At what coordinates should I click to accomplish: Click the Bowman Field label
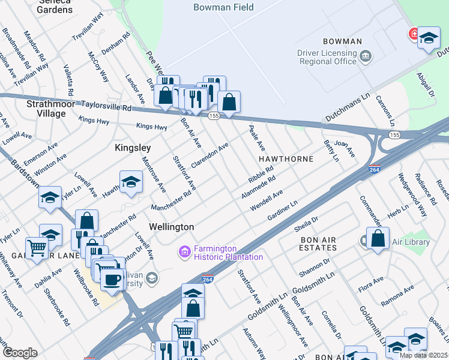click(x=223, y=8)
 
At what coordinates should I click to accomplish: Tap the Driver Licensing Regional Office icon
click(x=366, y=57)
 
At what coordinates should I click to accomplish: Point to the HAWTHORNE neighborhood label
click(x=286, y=159)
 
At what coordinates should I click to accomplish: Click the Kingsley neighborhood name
click(x=133, y=147)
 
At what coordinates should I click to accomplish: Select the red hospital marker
click(x=414, y=34)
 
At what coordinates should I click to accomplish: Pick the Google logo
click(x=20, y=353)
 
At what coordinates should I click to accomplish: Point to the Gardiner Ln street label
click(x=282, y=212)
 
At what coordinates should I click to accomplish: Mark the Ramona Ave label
click(x=397, y=294)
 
